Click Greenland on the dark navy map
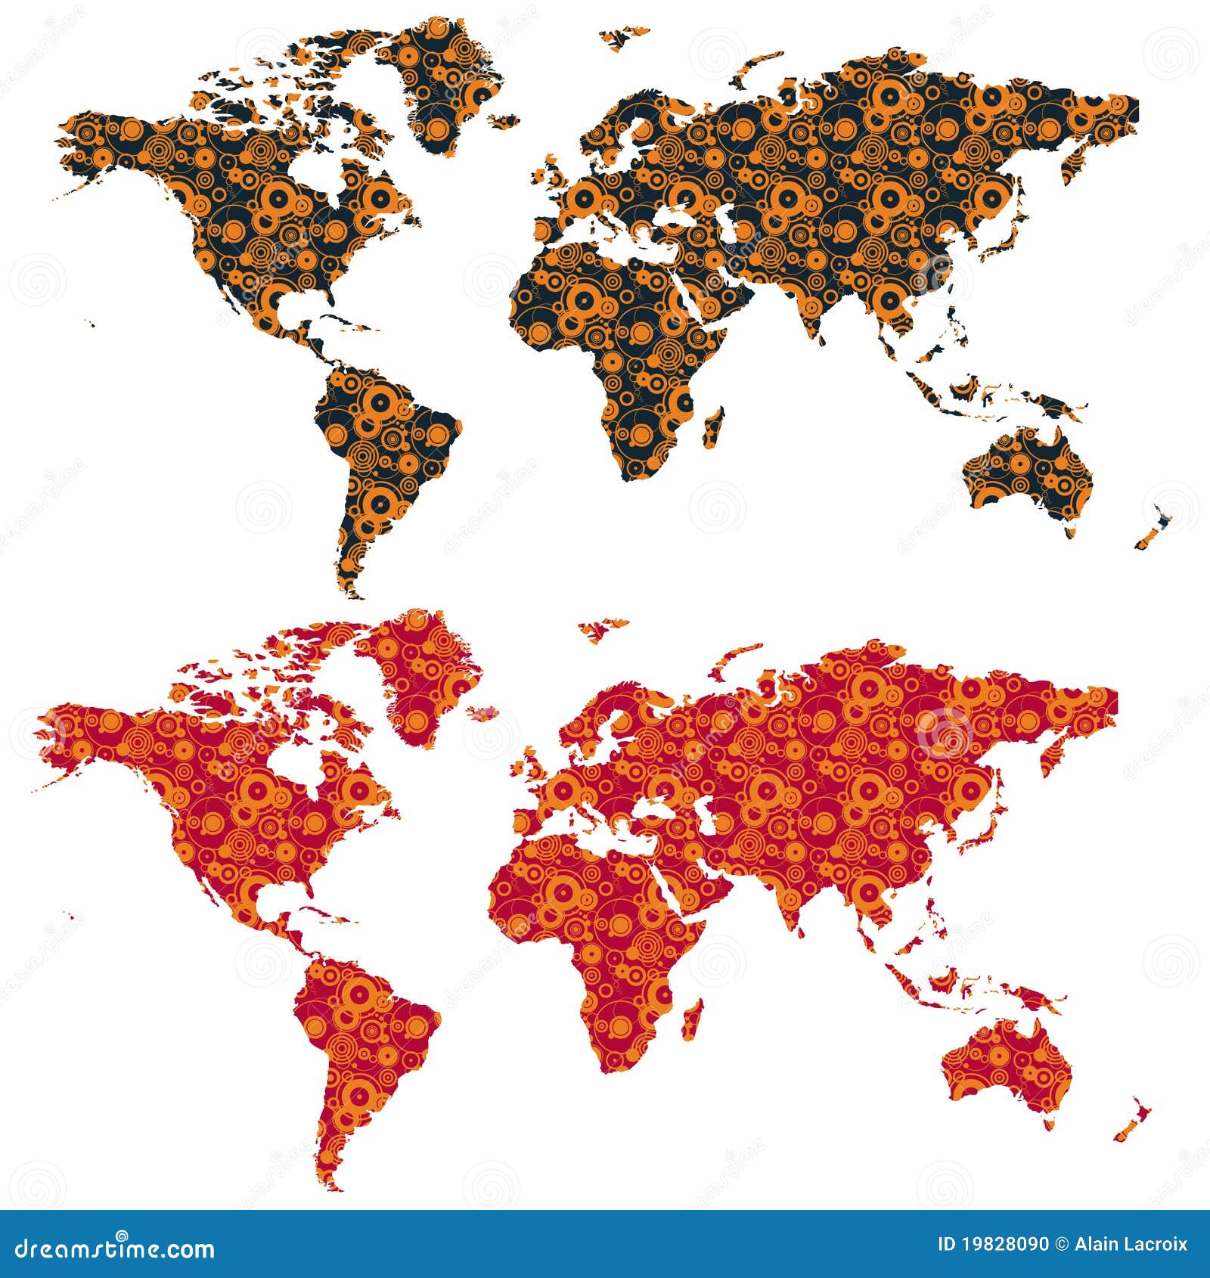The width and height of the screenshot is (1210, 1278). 442,83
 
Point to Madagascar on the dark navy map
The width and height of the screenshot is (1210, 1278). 713,427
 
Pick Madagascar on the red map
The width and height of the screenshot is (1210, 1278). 693,1018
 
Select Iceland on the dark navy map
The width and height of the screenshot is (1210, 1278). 503,119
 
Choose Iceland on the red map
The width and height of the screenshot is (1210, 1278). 482,712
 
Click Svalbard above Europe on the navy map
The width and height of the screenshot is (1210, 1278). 624,37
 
